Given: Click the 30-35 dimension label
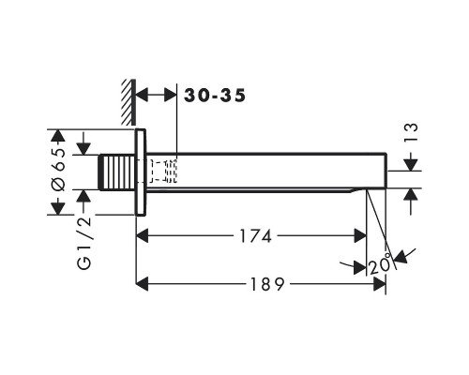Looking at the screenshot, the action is pyautogui.click(x=215, y=96).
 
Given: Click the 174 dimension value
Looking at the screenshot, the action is pyautogui.click(x=255, y=236).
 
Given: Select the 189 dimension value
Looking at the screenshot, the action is pyautogui.click(x=267, y=284).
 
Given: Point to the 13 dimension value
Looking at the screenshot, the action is pyautogui.click(x=411, y=132).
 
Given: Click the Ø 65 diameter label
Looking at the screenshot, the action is pyautogui.click(x=58, y=170).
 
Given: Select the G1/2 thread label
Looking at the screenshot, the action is pyautogui.click(x=84, y=243).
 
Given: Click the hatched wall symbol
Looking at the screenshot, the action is pyautogui.click(x=129, y=102).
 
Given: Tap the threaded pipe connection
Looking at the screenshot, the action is pyautogui.click(x=117, y=172).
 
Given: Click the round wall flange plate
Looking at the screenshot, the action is pyautogui.click(x=141, y=172).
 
